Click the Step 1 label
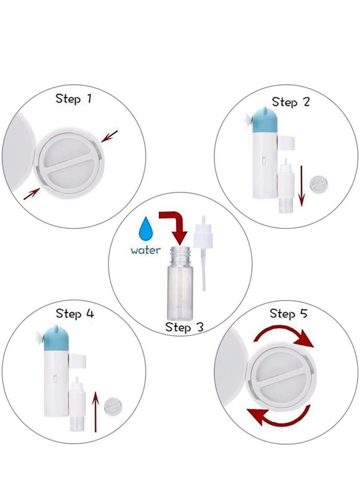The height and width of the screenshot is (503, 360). [x=73, y=99]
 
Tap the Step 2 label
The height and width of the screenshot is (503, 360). [x=291, y=102]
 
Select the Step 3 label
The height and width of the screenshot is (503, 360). [x=184, y=327]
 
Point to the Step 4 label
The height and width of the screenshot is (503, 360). [x=75, y=313]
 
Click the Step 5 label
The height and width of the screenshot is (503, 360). [x=288, y=313]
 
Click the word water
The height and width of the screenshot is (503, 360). [x=146, y=250]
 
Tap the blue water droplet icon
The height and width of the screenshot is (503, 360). [x=146, y=229]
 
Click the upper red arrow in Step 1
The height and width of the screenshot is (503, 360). [x=110, y=136]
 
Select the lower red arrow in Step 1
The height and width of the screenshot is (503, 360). [x=31, y=194]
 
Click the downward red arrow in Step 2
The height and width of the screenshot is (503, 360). [x=301, y=185]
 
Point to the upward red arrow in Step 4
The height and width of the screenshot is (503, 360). [x=95, y=412]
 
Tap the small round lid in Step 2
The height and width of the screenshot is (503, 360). [x=318, y=184]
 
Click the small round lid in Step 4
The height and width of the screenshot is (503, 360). [x=113, y=407]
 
